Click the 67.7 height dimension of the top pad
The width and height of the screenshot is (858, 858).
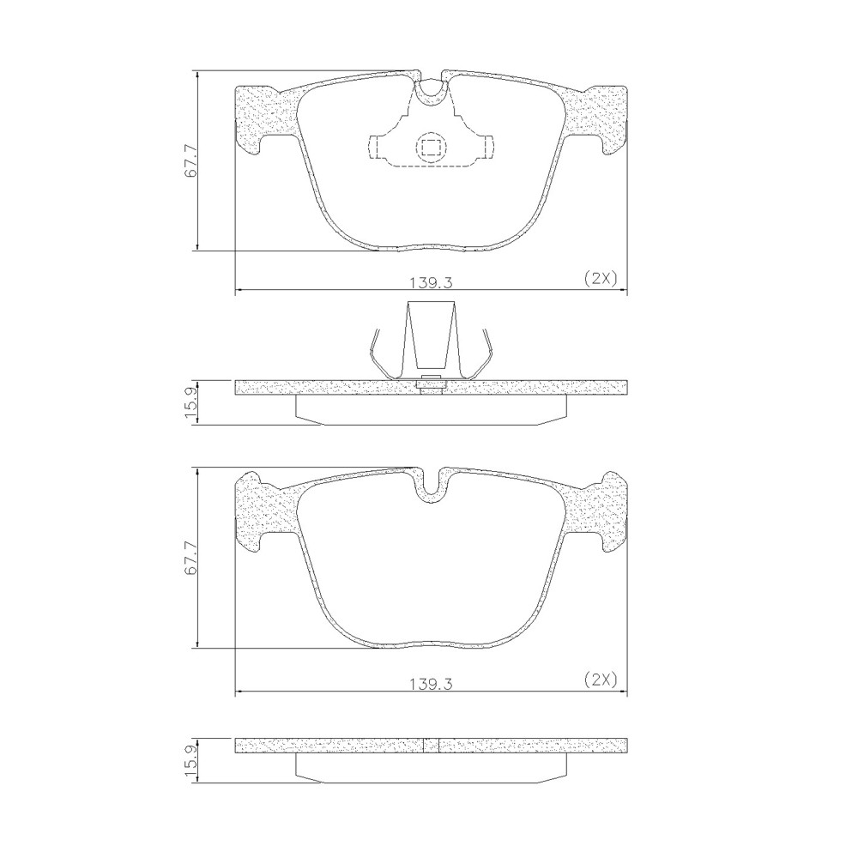point(190,160)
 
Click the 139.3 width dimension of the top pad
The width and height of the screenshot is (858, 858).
point(432,282)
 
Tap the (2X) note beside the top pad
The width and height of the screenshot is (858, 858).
point(601,279)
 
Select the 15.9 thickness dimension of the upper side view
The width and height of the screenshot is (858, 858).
point(190,402)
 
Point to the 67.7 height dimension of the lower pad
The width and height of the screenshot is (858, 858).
point(190,559)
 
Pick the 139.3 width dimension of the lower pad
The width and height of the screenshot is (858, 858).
point(432,685)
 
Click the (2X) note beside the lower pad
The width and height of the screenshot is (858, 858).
point(601,680)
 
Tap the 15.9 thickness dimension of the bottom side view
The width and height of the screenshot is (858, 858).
point(190,760)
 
